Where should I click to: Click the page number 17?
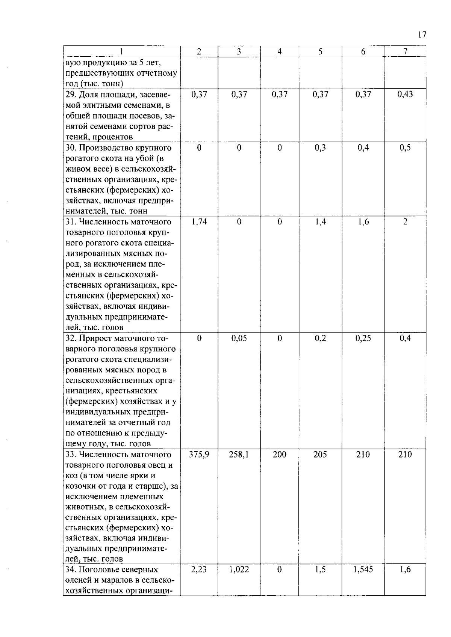pyautogui.click(x=422, y=35)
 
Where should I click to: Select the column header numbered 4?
pyautogui.click(x=279, y=52)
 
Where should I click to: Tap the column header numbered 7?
pyautogui.click(x=405, y=52)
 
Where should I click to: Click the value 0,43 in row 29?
pyautogui.click(x=405, y=95)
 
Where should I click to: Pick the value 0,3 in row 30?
pyautogui.click(x=320, y=148)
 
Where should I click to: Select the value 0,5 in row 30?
pyautogui.click(x=405, y=148)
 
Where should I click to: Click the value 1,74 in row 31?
pyautogui.click(x=199, y=222)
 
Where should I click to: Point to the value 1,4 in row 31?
pyautogui.click(x=320, y=222)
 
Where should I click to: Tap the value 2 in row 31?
pyautogui.click(x=405, y=222)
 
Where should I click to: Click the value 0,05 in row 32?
pyautogui.click(x=239, y=339)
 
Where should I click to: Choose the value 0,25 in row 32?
pyautogui.click(x=363, y=339)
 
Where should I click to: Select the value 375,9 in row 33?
pyautogui.click(x=199, y=455)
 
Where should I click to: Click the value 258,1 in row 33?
pyautogui.click(x=239, y=455)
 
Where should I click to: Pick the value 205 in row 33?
pyautogui.click(x=320, y=455)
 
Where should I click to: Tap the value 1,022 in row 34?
pyautogui.click(x=239, y=570)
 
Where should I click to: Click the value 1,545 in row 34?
pyautogui.click(x=363, y=570)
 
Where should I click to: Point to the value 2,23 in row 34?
pyautogui.click(x=199, y=570)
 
